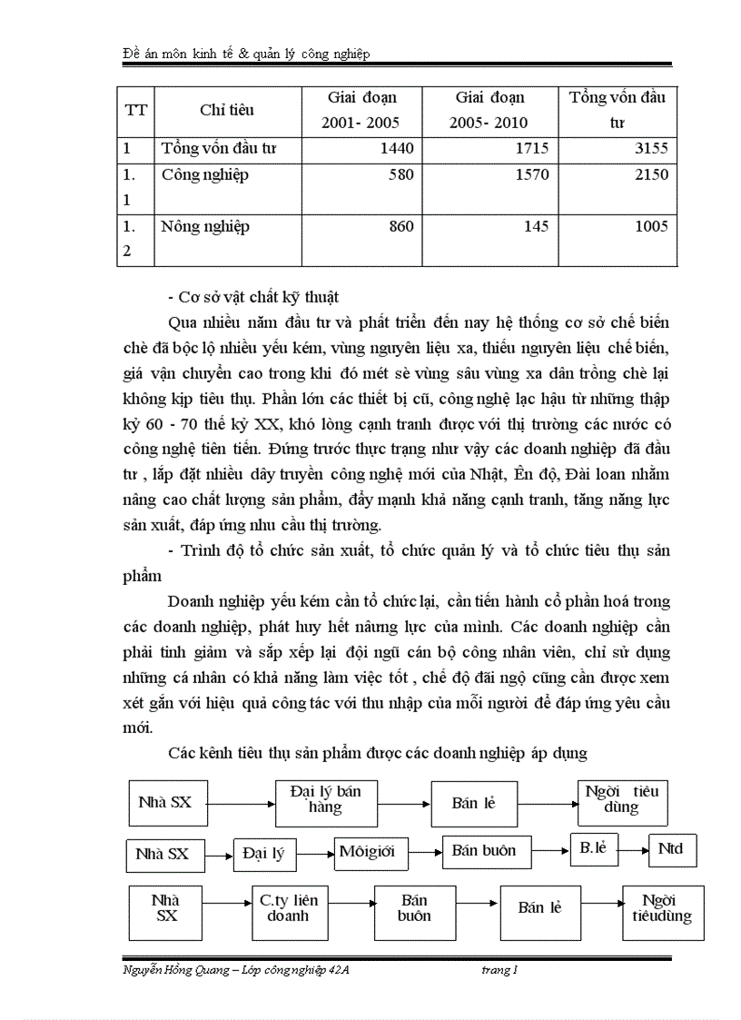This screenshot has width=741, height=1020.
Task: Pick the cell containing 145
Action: [533, 227]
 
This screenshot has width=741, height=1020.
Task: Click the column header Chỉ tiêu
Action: [227, 110]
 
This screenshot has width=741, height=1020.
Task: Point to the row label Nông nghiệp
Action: [205, 227]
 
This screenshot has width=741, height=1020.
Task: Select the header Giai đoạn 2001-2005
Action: [361, 110]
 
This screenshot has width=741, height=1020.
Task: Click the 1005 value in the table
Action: [647, 227]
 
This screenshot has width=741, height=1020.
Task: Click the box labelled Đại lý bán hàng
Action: [324, 799]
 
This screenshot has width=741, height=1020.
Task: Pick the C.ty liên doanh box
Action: [288, 908]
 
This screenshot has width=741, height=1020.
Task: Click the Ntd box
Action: [671, 850]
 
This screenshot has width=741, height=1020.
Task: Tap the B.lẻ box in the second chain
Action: [593, 849]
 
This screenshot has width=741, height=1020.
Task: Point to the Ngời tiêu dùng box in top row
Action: [621, 799]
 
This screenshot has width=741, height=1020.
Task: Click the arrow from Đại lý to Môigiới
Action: [310, 853]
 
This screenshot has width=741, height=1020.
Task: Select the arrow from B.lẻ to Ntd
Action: [633, 851]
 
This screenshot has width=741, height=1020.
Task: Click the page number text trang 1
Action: [499, 970]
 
